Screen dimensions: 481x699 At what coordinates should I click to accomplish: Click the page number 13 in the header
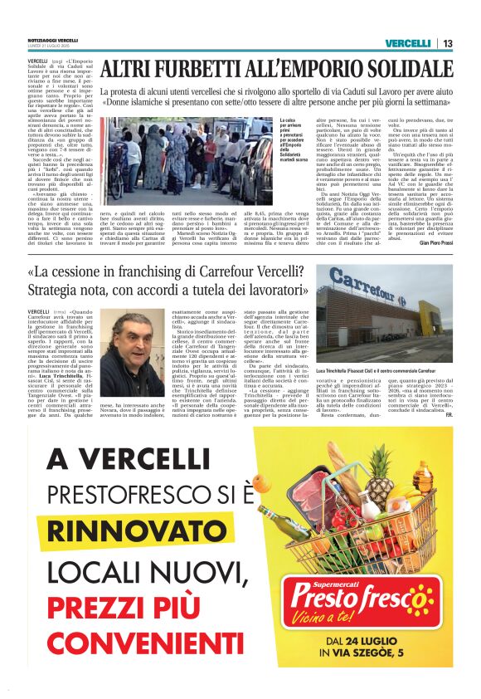coord(448,43)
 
